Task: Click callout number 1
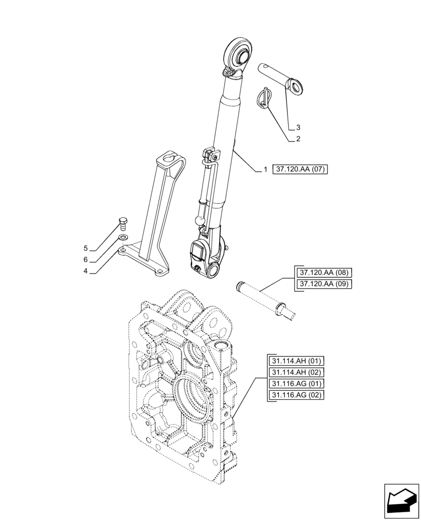(265, 170)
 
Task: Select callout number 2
(298, 139)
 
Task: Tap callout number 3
(298, 127)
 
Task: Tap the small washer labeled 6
(123, 238)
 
